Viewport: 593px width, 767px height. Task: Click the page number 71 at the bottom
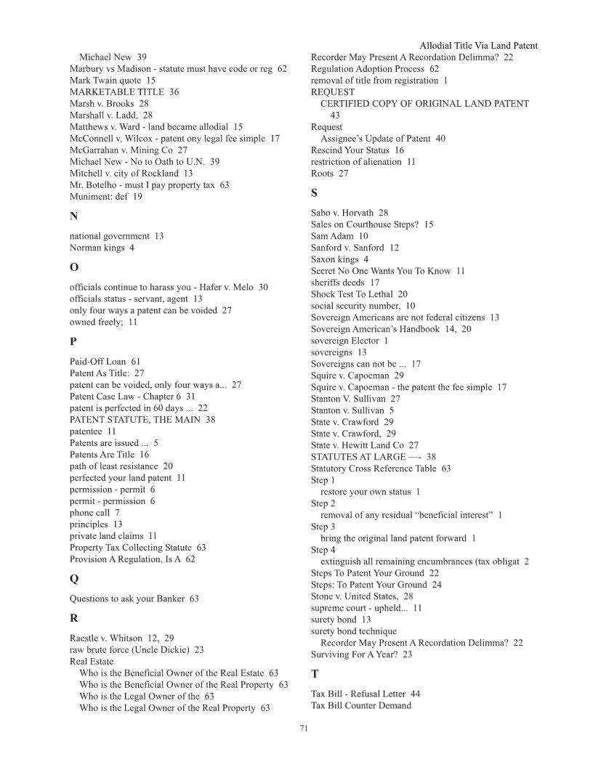[x=304, y=729]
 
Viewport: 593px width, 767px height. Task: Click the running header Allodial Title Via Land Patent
[x=478, y=46]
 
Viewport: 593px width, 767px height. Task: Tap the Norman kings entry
[x=102, y=248]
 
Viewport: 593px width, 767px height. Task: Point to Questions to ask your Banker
[x=134, y=599]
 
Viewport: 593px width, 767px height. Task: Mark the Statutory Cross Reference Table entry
[x=380, y=468]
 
